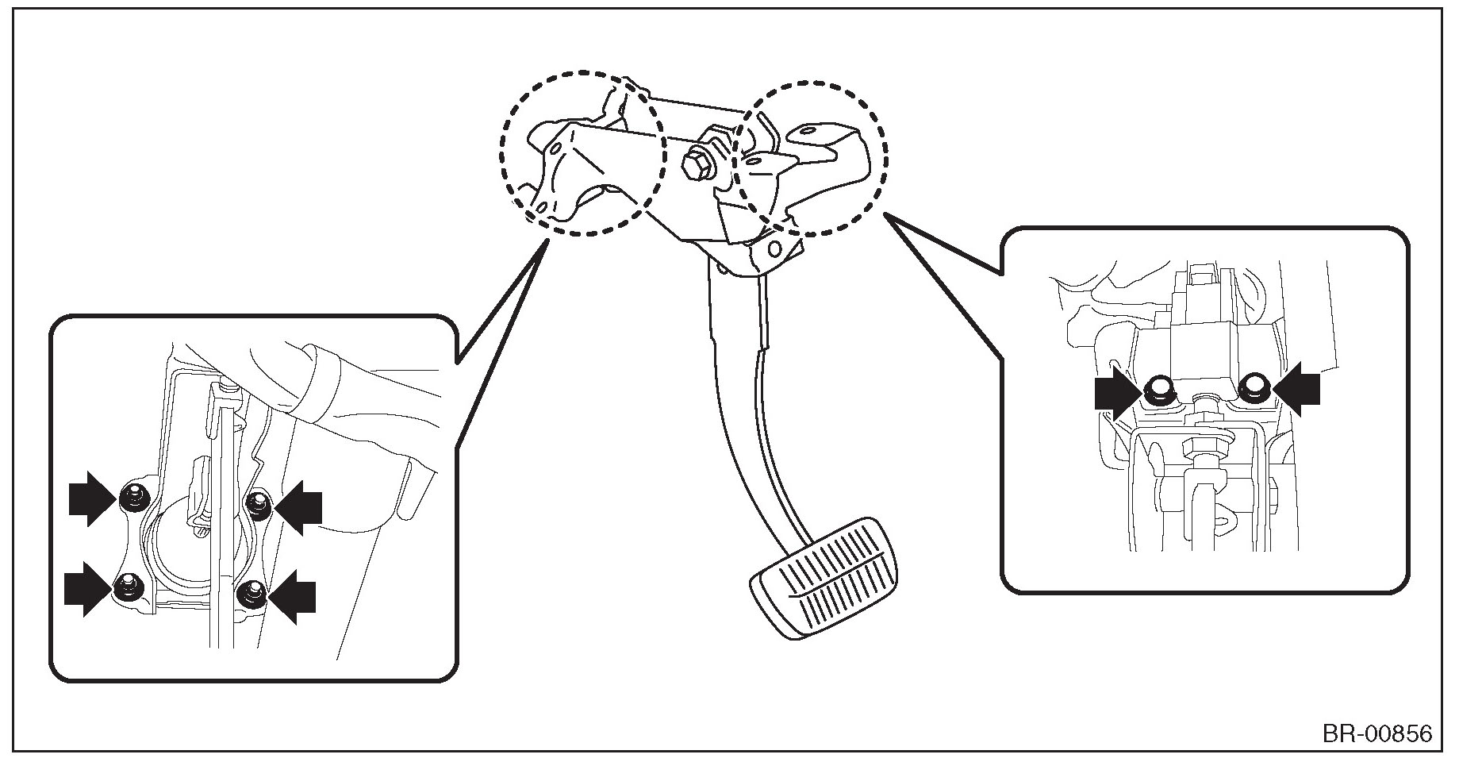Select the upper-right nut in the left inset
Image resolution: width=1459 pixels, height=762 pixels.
click(257, 502)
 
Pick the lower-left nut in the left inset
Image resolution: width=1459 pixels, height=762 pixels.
click(125, 587)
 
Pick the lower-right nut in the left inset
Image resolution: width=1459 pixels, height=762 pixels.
click(251, 591)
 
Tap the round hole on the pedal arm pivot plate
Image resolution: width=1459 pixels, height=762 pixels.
click(774, 249)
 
